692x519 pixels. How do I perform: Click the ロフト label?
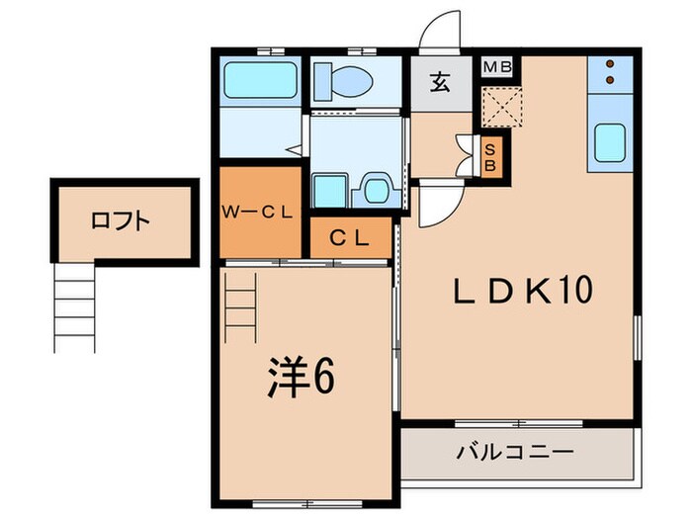(x=121, y=220)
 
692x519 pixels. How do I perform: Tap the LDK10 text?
(x=522, y=291)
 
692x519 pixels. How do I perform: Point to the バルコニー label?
(x=514, y=454)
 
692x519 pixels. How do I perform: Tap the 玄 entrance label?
(x=439, y=82)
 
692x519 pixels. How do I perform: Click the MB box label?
(x=496, y=66)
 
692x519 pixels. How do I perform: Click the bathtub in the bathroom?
(x=257, y=79)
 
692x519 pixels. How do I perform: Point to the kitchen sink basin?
(x=611, y=144)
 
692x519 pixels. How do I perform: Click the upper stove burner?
(x=611, y=63)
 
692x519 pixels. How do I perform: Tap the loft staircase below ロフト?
(x=74, y=308)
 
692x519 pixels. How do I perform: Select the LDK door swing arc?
(x=433, y=208)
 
